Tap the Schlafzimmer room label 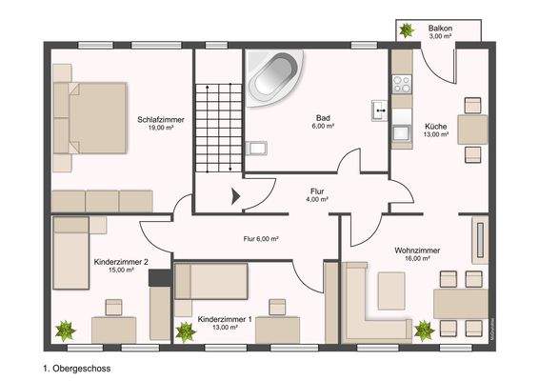click(x=161, y=123)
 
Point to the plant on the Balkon click(x=407, y=31)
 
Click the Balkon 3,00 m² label click(x=440, y=31)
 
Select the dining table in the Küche click(x=470, y=129)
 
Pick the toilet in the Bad click(x=255, y=149)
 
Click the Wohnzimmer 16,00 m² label click(x=418, y=254)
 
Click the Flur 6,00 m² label click(x=260, y=239)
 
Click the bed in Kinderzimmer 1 click(x=211, y=283)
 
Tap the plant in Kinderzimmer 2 click(x=66, y=331)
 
